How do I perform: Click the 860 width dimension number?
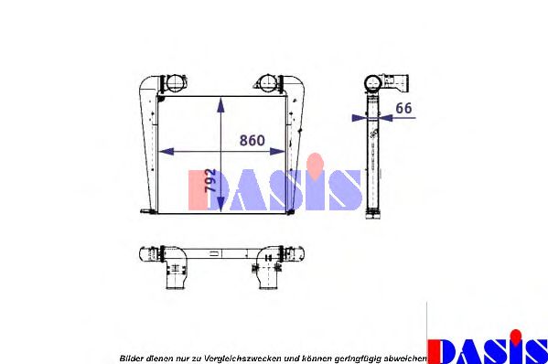[x=252, y=141]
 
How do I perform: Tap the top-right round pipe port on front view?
[x=266, y=81]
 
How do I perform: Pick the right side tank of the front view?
[x=293, y=146]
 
